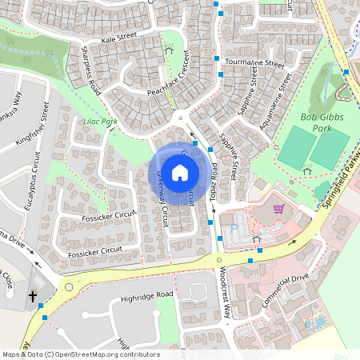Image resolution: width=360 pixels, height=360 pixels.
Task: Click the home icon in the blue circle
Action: coord(180,172)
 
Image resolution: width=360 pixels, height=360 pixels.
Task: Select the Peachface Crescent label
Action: coord(167,78)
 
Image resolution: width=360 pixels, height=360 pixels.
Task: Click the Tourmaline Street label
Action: coord(255,62)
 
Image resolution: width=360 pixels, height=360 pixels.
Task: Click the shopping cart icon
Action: coord(278,209)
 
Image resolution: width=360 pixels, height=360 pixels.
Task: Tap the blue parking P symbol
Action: coord(234,228)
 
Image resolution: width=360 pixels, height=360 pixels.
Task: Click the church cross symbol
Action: coord(34,297)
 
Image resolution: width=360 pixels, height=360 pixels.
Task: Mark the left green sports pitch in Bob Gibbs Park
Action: coord(297,146)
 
